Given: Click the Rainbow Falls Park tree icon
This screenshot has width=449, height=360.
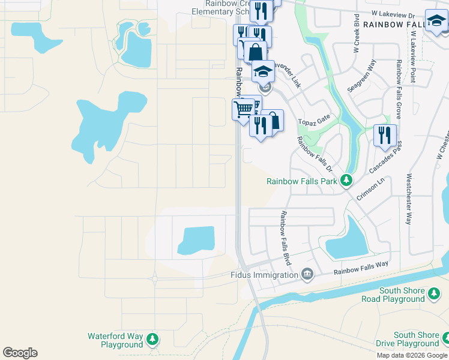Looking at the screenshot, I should (346, 180).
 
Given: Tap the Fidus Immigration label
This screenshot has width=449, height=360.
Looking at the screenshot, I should (264, 275).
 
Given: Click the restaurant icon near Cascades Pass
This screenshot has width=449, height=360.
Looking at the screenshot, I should (385, 135).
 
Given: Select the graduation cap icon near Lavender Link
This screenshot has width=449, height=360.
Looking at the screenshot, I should (262, 71).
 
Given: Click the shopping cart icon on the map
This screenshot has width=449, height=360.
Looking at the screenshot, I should (243, 109).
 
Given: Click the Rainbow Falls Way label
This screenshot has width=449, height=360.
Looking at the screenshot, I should (361, 268).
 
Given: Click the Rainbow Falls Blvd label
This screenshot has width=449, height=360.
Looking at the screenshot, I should (286, 238).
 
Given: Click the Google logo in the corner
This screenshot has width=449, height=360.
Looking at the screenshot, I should (20, 353).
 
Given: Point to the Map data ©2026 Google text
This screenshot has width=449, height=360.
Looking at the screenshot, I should (412, 355).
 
